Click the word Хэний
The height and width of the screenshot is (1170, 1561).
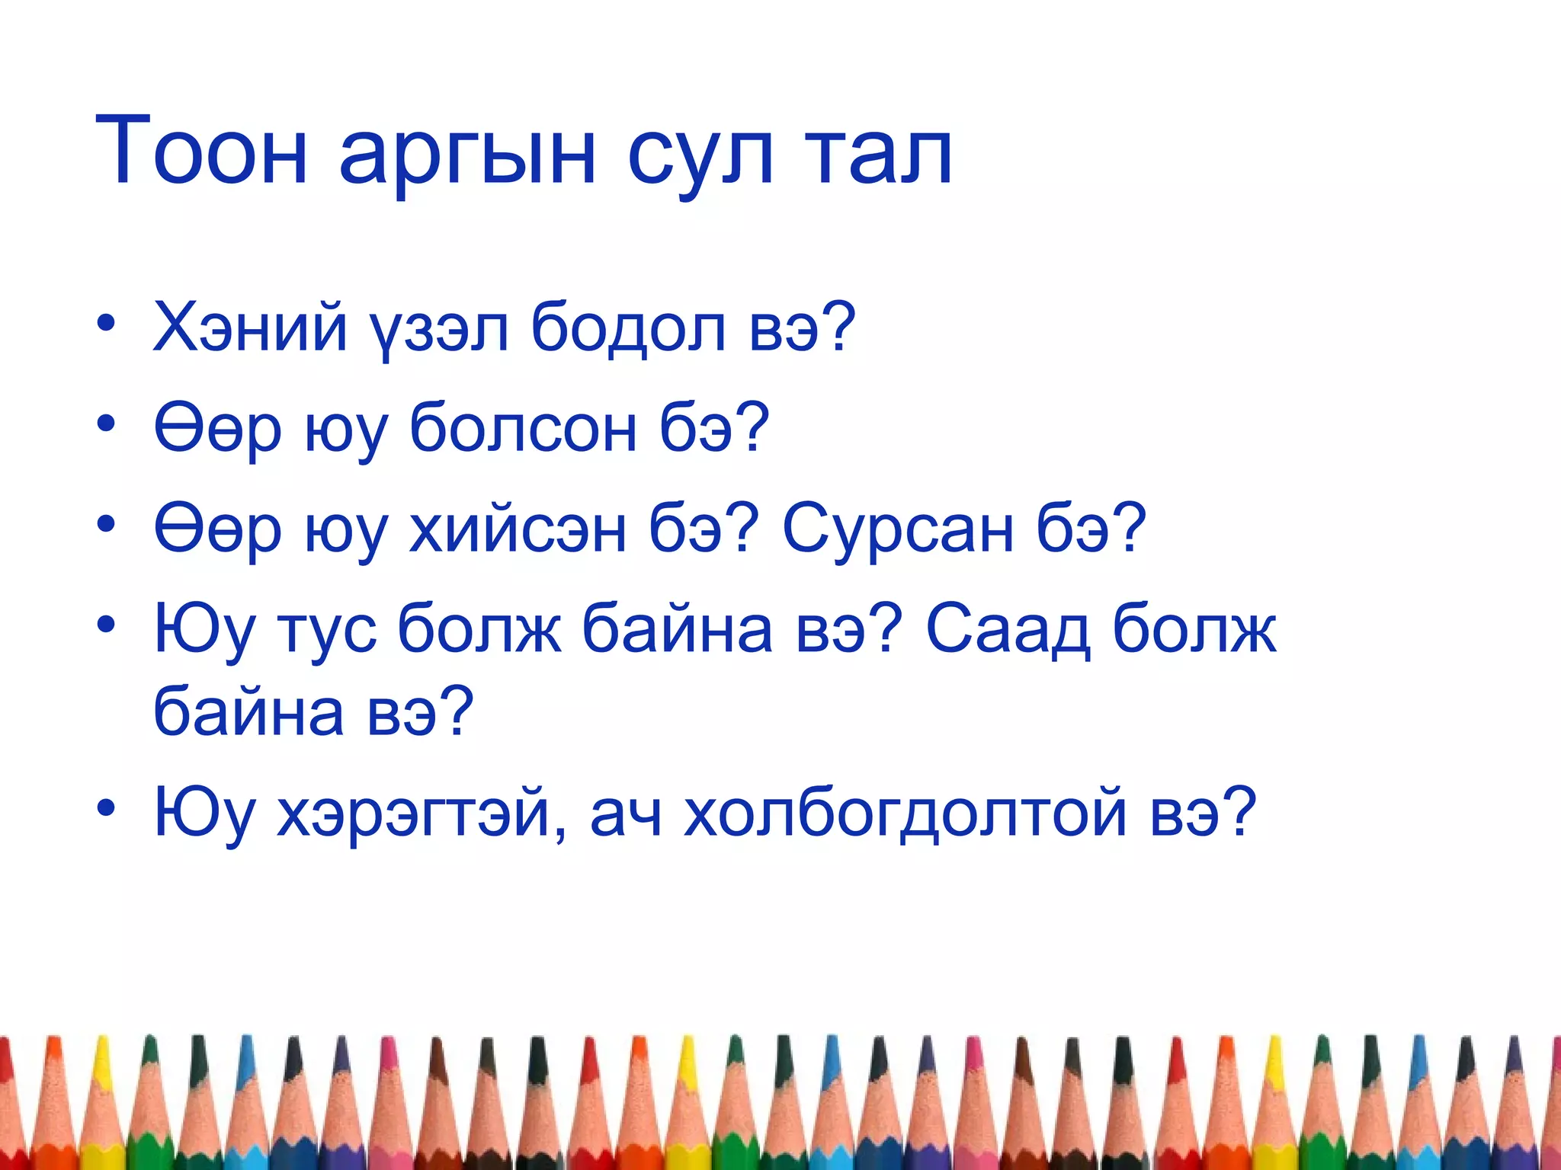tap(250, 328)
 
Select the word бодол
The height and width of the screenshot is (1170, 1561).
tap(628, 328)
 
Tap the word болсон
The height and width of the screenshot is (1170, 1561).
tap(523, 428)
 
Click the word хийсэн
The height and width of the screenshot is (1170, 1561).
tap(518, 529)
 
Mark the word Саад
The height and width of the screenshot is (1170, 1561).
tap(1007, 629)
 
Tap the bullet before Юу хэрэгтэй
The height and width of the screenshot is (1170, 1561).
tap(106, 807)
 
